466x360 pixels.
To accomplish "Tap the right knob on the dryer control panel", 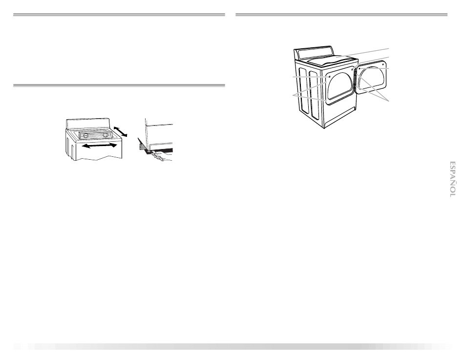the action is pos(105,134).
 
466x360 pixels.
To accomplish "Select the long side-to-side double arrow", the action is pos(99,146).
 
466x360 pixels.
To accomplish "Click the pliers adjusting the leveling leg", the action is pos(159,157).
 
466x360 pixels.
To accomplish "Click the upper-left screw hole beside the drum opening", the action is pos(330,76).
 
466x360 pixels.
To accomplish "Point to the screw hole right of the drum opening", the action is pos(352,70).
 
